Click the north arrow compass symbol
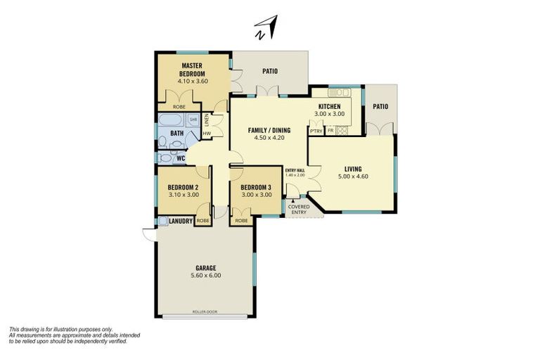[x=267, y=28]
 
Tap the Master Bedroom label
[x=191, y=70]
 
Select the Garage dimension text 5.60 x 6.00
[x=206, y=276]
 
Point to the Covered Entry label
[x=299, y=209]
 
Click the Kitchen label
[x=328, y=106]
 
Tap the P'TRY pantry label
[x=316, y=131]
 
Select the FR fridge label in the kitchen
[x=330, y=131]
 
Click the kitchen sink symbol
[x=338, y=93]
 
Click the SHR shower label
[x=193, y=120]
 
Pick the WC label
[x=181, y=158]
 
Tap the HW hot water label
[x=207, y=133]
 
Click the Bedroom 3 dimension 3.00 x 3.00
[x=255, y=195]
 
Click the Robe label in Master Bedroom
[x=179, y=107]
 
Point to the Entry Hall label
[x=295, y=170]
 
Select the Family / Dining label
[x=268, y=130]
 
